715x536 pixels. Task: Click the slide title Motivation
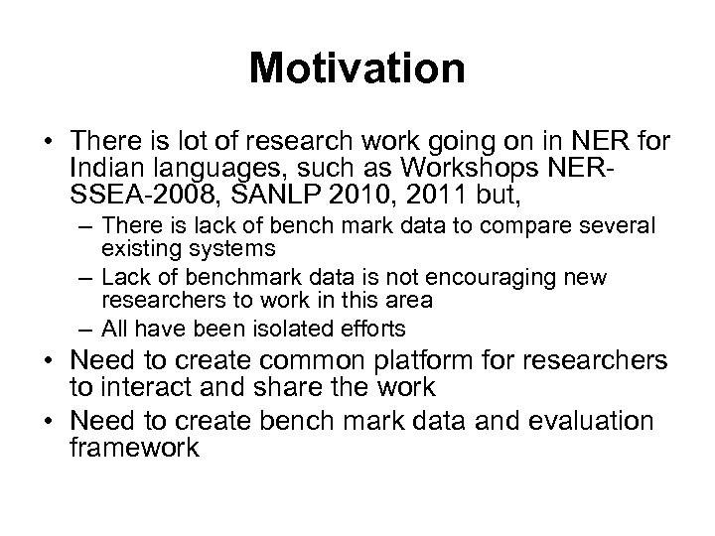357,68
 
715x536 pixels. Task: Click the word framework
135,447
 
